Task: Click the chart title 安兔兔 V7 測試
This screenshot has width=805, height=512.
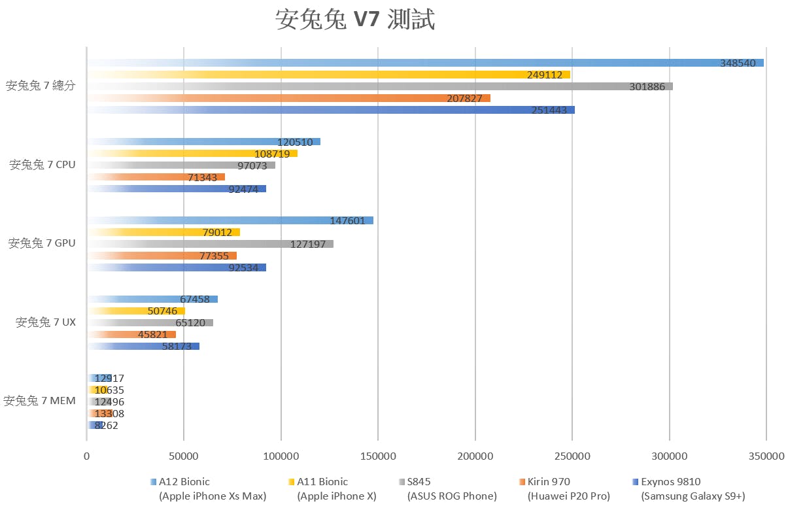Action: [x=354, y=20]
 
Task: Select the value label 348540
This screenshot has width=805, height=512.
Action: [x=738, y=63]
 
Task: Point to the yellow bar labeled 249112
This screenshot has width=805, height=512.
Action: [x=327, y=75]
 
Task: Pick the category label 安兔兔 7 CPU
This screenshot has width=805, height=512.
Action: [x=42, y=165]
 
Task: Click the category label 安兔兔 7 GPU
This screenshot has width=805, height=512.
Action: [x=41, y=243]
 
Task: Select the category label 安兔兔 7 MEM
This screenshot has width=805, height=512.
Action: [x=39, y=401]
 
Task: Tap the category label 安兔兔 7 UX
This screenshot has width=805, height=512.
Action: [x=45, y=322]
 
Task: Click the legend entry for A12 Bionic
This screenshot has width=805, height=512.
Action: [x=184, y=482]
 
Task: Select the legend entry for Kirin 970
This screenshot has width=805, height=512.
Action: [x=548, y=482]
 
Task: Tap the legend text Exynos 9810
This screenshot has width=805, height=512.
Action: [x=670, y=482]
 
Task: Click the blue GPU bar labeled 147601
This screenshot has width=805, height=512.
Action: [x=229, y=220]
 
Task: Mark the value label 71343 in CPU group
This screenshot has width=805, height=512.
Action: [x=203, y=177]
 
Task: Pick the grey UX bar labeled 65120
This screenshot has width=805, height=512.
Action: [x=150, y=322]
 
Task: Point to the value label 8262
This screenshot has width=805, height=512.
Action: [x=106, y=425]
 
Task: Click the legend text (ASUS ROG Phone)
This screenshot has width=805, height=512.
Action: [x=452, y=496]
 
